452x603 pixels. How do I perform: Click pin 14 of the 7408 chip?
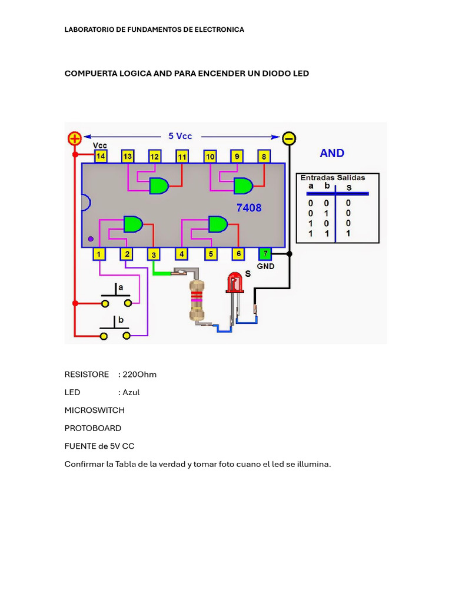[x=101, y=156]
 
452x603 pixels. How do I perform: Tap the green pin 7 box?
[x=265, y=254]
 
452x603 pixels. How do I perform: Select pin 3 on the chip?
[x=153, y=254]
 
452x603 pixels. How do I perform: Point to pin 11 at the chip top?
[x=182, y=156]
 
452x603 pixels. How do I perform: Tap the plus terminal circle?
[x=75, y=139]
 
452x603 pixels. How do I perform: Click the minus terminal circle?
[x=289, y=138]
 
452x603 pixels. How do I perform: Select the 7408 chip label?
[x=249, y=208]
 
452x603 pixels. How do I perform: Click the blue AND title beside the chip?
[x=332, y=153]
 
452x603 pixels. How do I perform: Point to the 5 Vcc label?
[x=180, y=136]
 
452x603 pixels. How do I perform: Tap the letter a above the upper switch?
[x=121, y=287]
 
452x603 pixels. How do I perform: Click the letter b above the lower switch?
[x=121, y=320]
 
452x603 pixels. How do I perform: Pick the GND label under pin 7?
[x=266, y=266]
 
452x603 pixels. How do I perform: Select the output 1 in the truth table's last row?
[x=348, y=233]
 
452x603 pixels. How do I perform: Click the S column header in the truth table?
[x=348, y=187]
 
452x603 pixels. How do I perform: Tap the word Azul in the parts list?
[x=131, y=392]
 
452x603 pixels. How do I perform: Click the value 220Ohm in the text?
[x=139, y=375]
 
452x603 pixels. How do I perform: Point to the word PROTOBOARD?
[x=93, y=428]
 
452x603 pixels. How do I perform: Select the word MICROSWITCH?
[x=94, y=410]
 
